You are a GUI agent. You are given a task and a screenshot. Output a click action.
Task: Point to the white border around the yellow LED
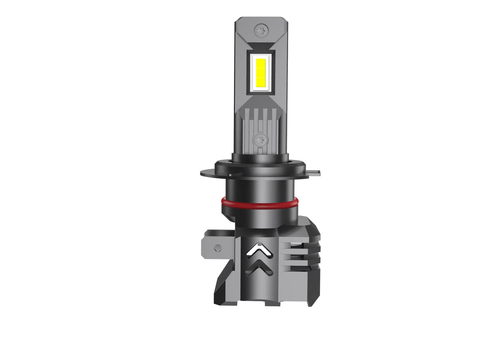click(x=260, y=89)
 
